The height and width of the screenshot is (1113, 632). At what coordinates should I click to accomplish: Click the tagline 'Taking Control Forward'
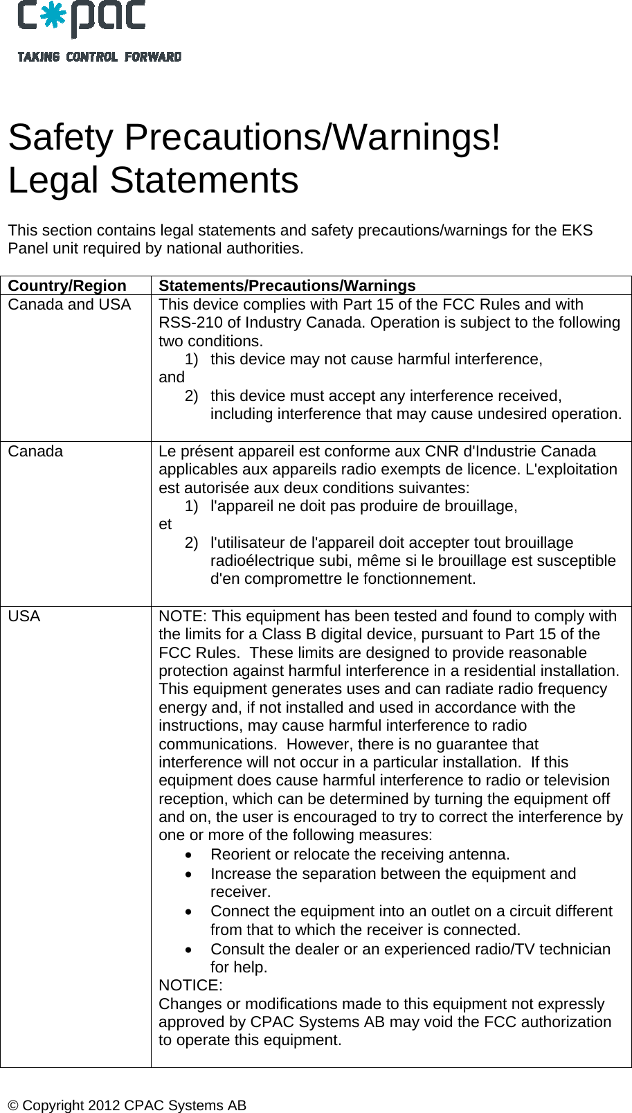[x=100, y=57]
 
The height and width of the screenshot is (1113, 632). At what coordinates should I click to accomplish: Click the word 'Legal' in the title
[x=53, y=180]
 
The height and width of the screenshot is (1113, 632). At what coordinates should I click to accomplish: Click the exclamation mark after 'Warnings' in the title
[x=494, y=137]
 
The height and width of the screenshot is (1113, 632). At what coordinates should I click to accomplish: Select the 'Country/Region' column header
[x=67, y=285]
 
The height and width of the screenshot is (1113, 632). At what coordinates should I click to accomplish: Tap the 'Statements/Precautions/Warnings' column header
[x=287, y=285]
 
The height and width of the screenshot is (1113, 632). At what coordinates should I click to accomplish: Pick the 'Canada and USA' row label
[x=69, y=304]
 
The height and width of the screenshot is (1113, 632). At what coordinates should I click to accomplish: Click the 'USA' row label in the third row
[x=24, y=616]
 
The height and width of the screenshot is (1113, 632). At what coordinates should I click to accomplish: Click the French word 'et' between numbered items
[x=165, y=524]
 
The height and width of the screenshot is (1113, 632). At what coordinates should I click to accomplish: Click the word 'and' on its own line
[x=172, y=377]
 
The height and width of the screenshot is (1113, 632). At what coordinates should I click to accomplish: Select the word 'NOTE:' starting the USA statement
[x=183, y=616]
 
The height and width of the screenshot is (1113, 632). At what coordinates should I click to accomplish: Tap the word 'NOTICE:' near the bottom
[x=190, y=985]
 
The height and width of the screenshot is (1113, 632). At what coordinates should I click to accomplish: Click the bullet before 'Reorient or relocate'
[x=190, y=855]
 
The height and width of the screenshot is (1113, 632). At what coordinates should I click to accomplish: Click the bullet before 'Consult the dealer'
[x=190, y=950]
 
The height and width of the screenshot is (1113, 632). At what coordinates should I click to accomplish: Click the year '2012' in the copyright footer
[x=105, y=1105]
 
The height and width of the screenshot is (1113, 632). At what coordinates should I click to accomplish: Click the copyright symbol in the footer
[x=14, y=1105]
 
